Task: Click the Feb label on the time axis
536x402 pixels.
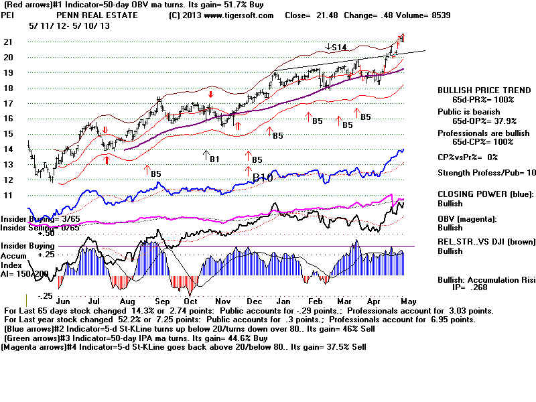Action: pos(318,301)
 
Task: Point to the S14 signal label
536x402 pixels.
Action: pos(339,47)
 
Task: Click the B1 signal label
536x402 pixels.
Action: pos(214,159)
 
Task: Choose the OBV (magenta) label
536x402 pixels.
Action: pos(468,220)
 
